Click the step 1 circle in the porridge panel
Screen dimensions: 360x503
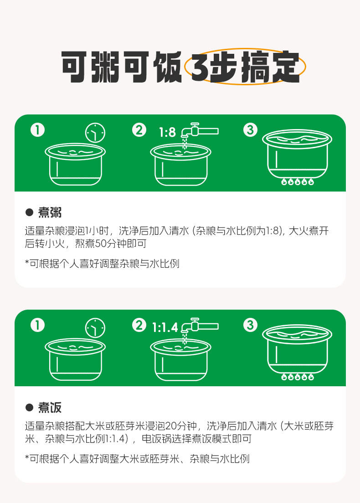tap(37, 130)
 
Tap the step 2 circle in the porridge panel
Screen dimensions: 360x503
tap(139, 130)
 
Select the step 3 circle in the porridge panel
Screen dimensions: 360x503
tap(250, 130)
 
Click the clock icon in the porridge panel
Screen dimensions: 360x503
tap(95, 133)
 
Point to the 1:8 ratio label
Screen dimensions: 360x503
tap(167, 132)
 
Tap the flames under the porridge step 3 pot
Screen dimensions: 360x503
tap(298, 182)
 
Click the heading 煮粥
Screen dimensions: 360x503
tap(50, 213)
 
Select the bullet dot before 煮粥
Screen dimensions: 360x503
tap(29, 213)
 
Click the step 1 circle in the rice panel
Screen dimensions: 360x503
tap(37, 325)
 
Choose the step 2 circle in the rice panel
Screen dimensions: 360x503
tap(139, 325)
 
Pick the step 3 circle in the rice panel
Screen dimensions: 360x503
tap(250, 325)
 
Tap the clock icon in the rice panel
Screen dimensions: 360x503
tap(95, 328)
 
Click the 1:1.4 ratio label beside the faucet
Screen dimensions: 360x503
tap(165, 327)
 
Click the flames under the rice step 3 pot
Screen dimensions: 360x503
tap(298, 377)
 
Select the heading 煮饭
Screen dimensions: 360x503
tap(50, 407)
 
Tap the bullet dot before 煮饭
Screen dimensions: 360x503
tap(29, 407)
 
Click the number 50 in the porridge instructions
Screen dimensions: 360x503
tap(100, 244)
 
